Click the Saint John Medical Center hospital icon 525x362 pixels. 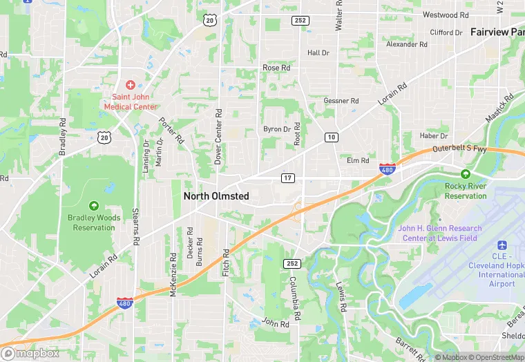[131, 84]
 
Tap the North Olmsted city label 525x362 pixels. [216, 196]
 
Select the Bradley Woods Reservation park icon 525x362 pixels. [94, 205]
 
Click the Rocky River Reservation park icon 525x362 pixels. [466, 174]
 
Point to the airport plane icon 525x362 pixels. [502, 245]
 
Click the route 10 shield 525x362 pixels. [332, 137]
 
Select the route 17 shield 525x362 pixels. [288, 178]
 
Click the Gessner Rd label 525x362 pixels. [341, 101]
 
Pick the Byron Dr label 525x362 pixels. [277, 129]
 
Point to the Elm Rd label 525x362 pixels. [358, 160]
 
